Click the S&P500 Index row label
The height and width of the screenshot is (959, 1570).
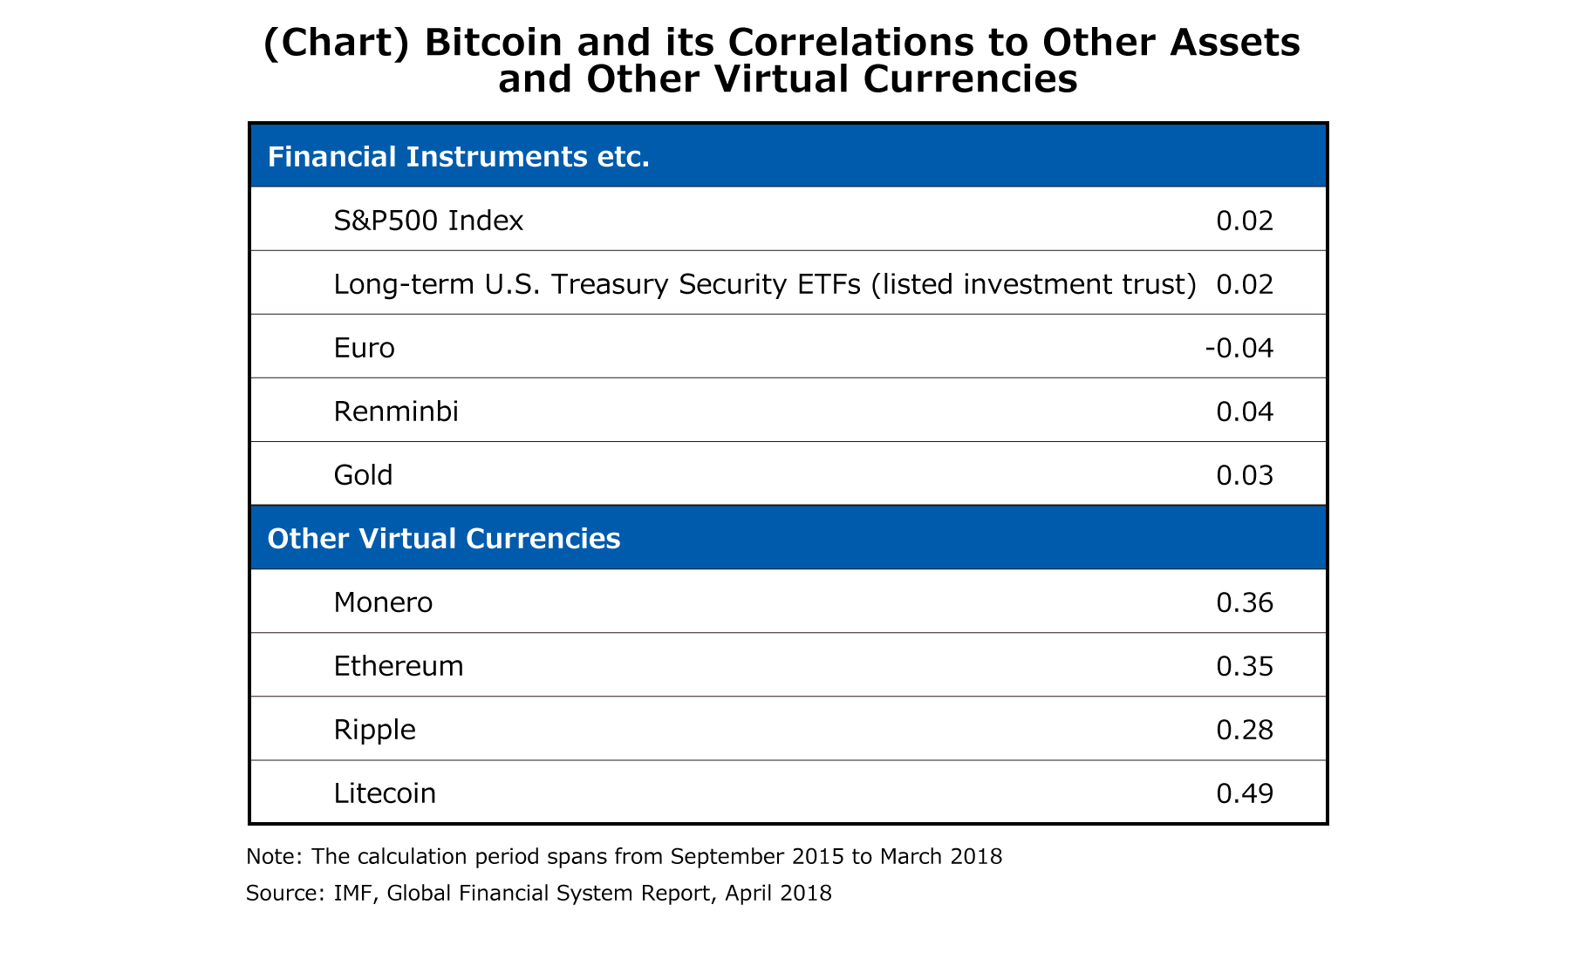[x=428, y=221]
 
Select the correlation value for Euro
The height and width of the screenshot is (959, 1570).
[x=1239, y=349]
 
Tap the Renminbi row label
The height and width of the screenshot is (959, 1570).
[x=396, y=411]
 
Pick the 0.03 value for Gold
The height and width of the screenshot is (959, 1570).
[x=1245, y=476]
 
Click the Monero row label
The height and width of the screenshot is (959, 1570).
[x=383, y=602]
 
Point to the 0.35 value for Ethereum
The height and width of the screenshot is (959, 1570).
[x=1245, y=667]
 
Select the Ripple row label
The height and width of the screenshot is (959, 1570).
[x=374, y=730]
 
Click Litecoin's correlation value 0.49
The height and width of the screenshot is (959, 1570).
[x=1245, y=793]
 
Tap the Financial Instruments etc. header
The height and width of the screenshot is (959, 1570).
[x=458, y=157]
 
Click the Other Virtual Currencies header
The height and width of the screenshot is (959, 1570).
[x=443, y=539]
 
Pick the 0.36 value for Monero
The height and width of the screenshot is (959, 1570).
[x=1245, y=602]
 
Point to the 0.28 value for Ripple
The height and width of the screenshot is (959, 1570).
[x=1245, y=730]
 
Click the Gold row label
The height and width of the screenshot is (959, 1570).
[x=363, y=476]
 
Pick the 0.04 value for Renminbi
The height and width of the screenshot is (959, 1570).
[x=1245, y=411]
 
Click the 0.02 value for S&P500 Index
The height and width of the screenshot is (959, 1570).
[x=1245, y=221]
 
